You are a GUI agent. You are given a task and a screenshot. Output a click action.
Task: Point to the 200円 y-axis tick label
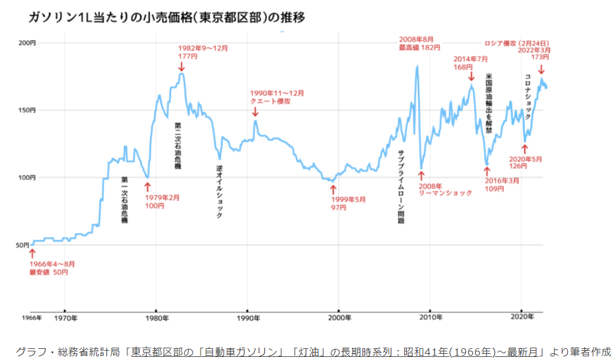(x=27, y=43)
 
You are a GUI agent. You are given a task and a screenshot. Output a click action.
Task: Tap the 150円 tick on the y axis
(x=27, y=111)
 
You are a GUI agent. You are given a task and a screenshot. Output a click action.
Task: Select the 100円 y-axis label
(x=27, y=178)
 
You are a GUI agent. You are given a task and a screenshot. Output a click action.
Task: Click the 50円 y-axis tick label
(x=23, y=245)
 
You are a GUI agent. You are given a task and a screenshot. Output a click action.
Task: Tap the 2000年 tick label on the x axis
(x=340, y=318)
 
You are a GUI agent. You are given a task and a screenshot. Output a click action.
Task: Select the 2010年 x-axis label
(x=431, y=318)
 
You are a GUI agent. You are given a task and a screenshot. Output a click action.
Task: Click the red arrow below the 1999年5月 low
(x=333, y=189)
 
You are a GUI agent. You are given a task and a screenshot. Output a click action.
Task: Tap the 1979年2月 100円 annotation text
(x=162, y=202)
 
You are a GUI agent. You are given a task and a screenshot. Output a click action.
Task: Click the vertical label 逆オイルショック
(x=219, y=191)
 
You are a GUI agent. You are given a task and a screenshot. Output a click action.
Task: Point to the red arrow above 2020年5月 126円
(x=525, y=149)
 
